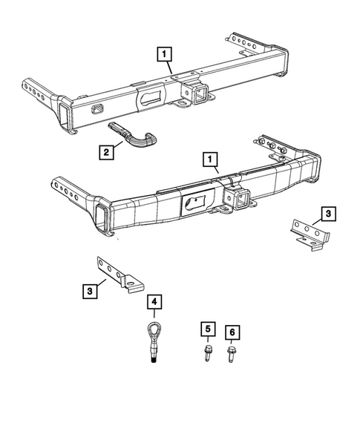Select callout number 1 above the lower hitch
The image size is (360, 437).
click(211, 159)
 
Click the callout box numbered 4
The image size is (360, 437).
click(154, 301)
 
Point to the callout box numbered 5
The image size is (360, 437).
click(209, 329)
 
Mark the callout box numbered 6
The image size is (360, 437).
click(234, 330)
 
